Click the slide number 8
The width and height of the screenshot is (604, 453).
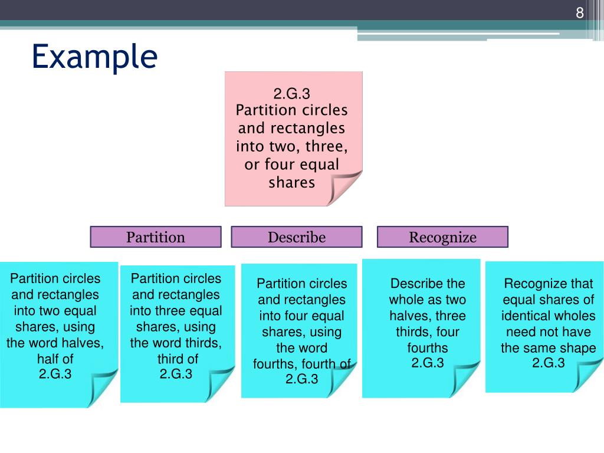pyautogui.click(x=580, y=13)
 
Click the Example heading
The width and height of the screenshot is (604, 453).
pyautogui.click(x=94, y=57)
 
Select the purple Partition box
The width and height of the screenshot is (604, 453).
pyautogui.click(x=156, y=237)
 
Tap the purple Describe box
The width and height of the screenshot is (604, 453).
pyautogui.click(x=297, y=237)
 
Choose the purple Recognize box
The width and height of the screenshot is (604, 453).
pyautogui.click(x=442, y=237)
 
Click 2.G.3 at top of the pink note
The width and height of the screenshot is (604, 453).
pyautogui.click(x=292, y=94)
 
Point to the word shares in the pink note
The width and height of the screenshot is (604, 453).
pyautogui.click(x=292, y=182)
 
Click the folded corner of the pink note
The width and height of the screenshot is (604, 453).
pyautogui.click(x=344, y=188)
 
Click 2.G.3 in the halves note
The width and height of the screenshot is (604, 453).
pyautogui.click(x=55, y=373)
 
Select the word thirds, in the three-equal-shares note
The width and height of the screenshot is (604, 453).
pyautogui.click(x=202, y=343)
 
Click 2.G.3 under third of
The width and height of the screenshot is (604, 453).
pyautogui.click(x=176, y=374)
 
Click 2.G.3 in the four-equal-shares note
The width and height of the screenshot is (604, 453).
pyautogui.click(x=301, y=379)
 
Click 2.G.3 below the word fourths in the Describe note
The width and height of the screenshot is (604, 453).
pyautogui.click(x=428, y=363)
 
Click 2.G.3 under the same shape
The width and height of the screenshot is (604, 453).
pyautogui.click(x=549, y=363)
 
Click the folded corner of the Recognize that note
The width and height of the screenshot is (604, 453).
pyautogui.click(x=587, y=375)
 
